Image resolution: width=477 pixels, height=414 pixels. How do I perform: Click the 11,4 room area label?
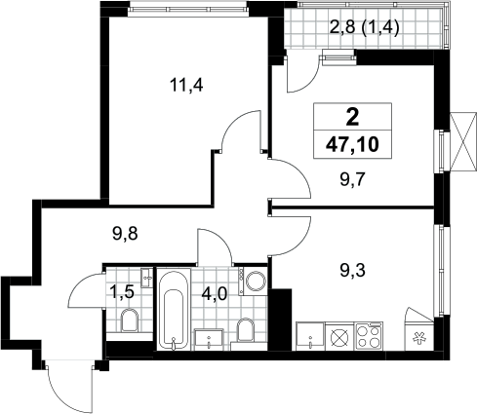pyautogui.click(x=186, y=86)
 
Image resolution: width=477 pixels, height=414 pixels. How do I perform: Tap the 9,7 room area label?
pyautogui.click(x=353, y=179)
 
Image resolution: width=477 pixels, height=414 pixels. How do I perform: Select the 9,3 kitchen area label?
pyautogui.click(x=353, y=270)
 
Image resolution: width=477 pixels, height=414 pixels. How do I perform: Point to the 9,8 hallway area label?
pyautogui.click(x=125, y=234)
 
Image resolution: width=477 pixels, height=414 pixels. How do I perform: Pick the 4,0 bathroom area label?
pyautogui.click(x=215, y=295)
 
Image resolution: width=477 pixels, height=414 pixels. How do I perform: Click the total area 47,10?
pyautogui.click(x=352, y=144)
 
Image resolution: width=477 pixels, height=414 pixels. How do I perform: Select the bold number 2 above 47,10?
pyautogui.click(x=353, y=117)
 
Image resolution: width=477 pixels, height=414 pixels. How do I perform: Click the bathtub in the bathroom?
pyautogui.click(x=174, y=309)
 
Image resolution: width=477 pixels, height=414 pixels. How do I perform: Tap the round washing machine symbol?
pyautogui.click(x=256, y=282)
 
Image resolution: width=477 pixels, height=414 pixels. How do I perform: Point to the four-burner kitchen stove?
pyautogui.click(x=369, y=336)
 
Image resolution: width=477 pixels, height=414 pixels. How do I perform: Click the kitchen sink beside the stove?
pyautogui.click(x=310, y=336)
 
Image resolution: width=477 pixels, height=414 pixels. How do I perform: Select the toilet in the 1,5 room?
pyautogui.click(x=130, y=320)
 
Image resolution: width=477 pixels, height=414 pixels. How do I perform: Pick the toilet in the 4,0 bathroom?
pyautogui.click(x=246, y=329)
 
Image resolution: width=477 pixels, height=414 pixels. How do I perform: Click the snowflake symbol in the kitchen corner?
pyautogui.click(x=419, y=338)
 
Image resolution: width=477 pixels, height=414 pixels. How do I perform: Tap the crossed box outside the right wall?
pyautogui.click(x=463, y=141)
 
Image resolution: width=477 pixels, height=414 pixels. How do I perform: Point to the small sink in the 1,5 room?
pyautogui.click(x=147, y=278)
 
